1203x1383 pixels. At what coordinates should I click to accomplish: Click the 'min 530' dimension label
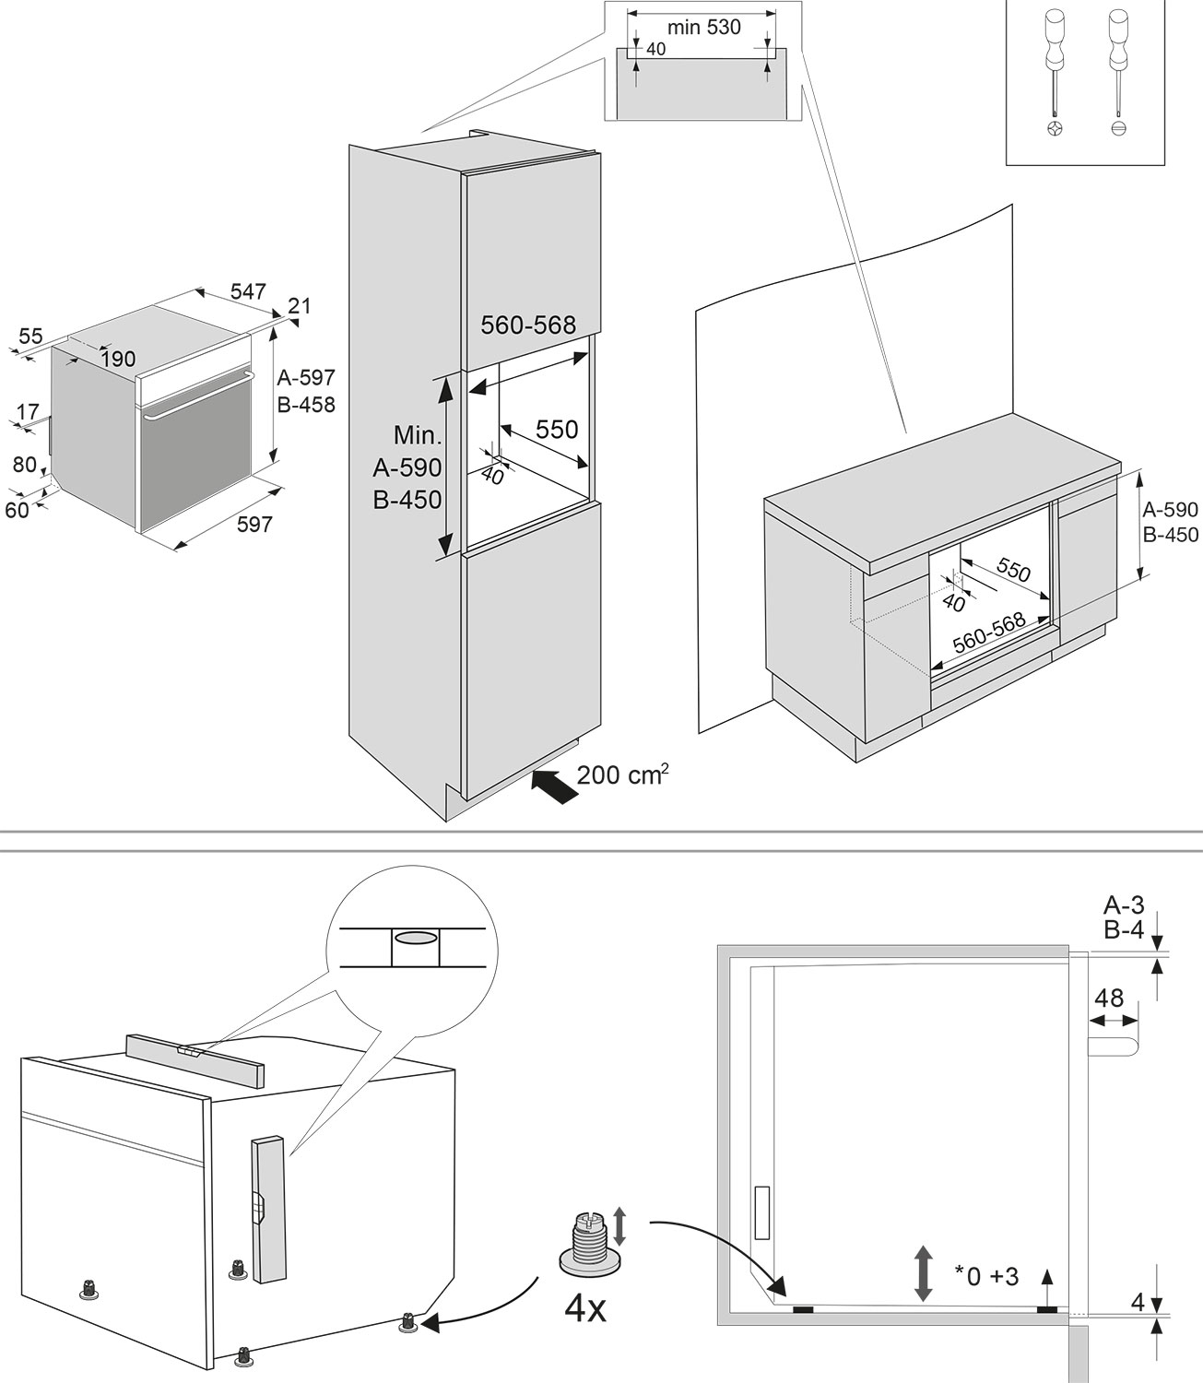703,28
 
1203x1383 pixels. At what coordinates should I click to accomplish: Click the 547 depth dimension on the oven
248,291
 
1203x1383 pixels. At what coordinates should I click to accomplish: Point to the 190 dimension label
118,359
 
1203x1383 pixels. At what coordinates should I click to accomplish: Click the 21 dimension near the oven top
300,305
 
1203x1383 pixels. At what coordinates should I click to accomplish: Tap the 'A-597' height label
306,377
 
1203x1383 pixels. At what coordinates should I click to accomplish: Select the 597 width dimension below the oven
254,525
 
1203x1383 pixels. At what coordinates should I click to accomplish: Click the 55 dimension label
30,337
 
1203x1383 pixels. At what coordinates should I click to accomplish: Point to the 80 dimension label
24,465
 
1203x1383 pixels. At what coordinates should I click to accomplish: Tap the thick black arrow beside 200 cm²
556,786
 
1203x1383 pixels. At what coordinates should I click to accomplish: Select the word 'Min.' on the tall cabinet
418,435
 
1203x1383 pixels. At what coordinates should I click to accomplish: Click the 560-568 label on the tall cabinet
528,325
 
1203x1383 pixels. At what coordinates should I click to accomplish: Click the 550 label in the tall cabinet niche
557,429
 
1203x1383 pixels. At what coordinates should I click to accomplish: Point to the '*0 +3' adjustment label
986,1277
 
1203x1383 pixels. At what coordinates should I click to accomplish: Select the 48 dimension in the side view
1109,998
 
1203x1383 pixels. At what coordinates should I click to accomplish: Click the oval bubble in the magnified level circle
415,938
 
